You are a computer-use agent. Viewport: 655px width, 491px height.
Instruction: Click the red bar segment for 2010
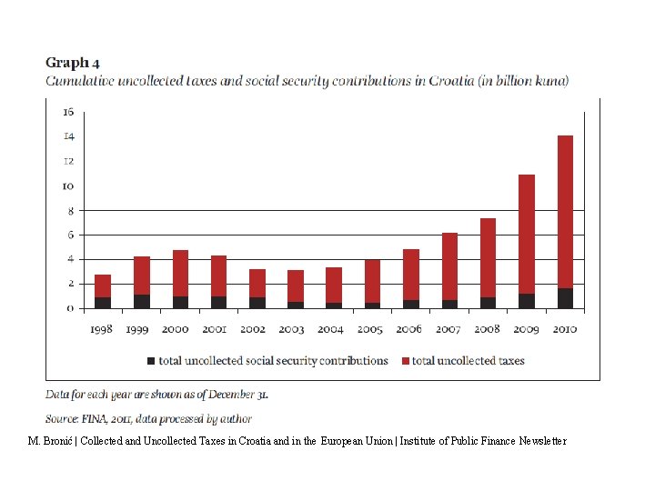click(565, 211)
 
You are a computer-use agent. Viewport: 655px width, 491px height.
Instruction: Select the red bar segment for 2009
click(527, 234)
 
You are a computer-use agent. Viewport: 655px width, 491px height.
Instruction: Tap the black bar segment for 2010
click(565, 298)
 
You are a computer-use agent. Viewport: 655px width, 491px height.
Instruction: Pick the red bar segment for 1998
click(103, 286)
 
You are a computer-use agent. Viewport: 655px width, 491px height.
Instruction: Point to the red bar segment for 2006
click(411, 275)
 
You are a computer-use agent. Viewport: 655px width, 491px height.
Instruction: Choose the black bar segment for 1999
click(142, 302)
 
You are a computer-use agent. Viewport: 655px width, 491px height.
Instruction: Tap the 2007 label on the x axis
click(448, 328)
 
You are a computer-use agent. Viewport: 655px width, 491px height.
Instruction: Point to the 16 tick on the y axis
click(68, 112)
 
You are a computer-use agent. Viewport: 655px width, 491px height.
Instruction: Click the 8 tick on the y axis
click(68, 210)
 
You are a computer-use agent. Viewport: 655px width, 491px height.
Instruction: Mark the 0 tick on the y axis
click(70, 308)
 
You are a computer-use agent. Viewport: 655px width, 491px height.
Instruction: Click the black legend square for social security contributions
click(151, 361)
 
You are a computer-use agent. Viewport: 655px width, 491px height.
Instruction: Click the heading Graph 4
click(73, 63)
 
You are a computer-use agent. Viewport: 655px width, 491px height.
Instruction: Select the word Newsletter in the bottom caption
click(542, 441)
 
